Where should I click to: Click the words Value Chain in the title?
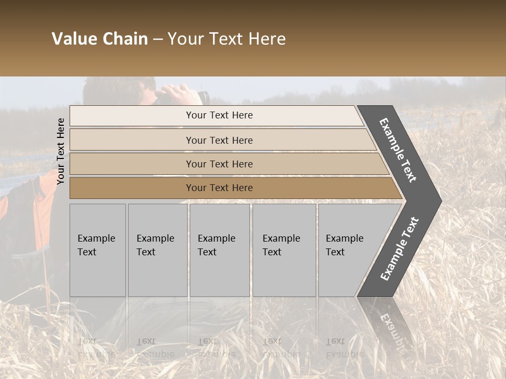[100, 39]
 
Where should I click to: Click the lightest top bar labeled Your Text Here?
[219, 115]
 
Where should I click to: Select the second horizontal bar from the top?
[219, 140]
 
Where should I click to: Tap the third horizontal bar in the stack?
[219, 164]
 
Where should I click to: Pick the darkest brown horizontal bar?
[219, 188]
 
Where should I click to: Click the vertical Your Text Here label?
[61, 151]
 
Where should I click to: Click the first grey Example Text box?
[98, 250]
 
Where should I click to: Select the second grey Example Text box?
[157, 250]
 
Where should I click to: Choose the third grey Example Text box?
[219, 250]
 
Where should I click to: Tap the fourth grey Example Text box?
[284, 250]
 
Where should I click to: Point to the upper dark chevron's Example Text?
[398, 150]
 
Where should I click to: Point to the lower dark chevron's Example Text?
[399, 249]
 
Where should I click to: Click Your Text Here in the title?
[227, 39]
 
